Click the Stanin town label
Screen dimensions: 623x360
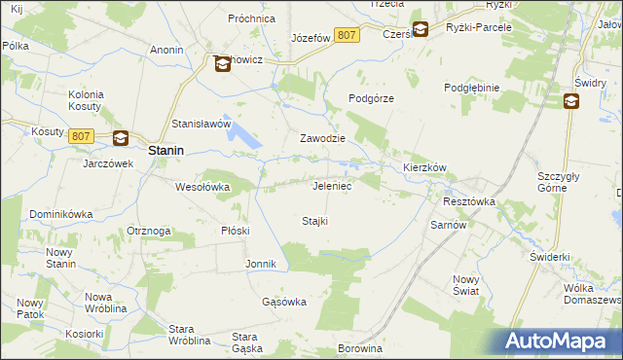point(167,151)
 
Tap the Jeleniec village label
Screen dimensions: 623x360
point(332,185)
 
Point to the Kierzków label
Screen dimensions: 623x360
point(424,167)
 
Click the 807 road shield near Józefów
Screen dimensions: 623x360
point(347,35)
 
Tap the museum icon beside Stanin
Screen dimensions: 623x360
point(121,139)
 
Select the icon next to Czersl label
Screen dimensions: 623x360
point(420,29)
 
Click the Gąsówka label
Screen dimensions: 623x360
point(284,302)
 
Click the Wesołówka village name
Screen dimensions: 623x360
point(202,186)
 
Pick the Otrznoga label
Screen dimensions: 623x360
point(149,231)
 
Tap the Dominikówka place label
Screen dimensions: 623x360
point(60,213)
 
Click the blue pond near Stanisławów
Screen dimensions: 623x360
point(247,139)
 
